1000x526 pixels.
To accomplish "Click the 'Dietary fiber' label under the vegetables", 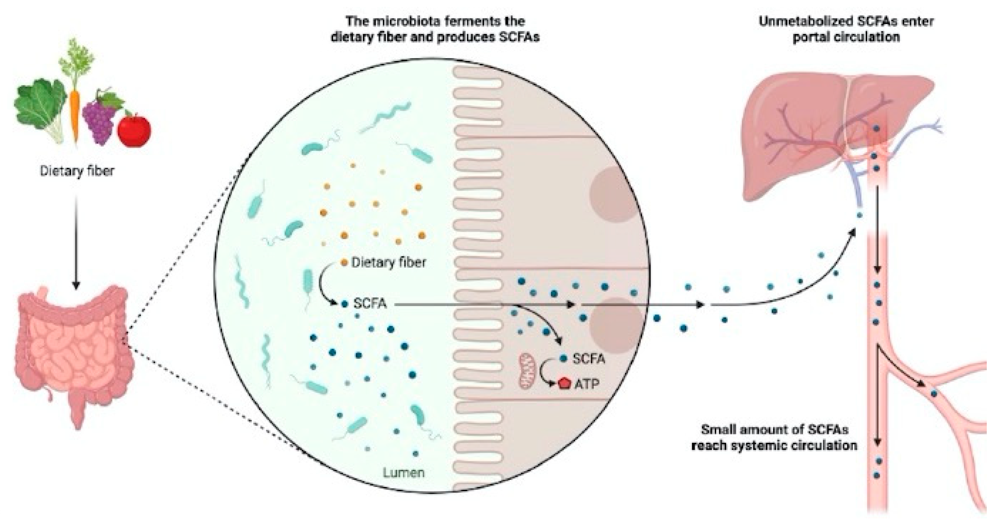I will pos(77,171).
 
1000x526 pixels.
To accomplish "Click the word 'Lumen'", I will pos(404,473).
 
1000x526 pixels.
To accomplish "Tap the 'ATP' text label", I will pos(587,384).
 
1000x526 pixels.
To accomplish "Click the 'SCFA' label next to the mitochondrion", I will pos(589,359).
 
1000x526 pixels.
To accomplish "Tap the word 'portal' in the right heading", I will pos(811,37).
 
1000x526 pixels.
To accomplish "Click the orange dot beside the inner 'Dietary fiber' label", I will pos(344,263).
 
